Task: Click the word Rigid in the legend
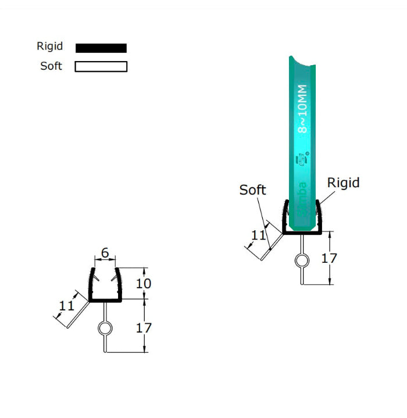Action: pos(49,47)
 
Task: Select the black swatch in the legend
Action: pos(101,48)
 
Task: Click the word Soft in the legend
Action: pos(51,66)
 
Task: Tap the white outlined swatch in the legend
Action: pos(101,66)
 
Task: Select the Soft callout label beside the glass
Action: pos(252,190)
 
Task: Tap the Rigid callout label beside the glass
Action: pos(343,183)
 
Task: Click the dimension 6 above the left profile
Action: pos(105,253)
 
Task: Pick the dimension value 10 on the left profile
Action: pos(143,283)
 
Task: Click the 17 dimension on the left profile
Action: pos(143,327)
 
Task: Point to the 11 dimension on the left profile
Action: pos(67,306)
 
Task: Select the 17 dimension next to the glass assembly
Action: pos(329,258)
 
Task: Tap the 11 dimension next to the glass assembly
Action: pos(259,235)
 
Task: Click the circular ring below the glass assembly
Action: pos(302,261)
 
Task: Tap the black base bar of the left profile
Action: pos(105,301)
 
